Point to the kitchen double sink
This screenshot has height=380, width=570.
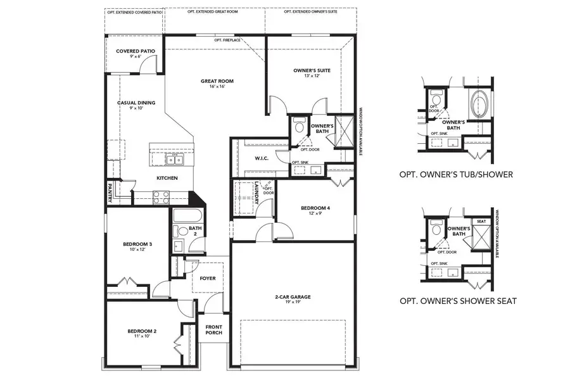click(175, 160)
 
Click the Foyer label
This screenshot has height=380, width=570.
click(207, 278)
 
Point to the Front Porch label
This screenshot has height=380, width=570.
click(212, 331)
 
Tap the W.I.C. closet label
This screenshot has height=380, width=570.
click(262, 158)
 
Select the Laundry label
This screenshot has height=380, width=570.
click(257, 193)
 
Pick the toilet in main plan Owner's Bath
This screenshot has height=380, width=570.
click(300, 125)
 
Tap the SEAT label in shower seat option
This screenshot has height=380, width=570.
click(481, 221)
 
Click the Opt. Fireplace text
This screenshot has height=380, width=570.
click(228, 40)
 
